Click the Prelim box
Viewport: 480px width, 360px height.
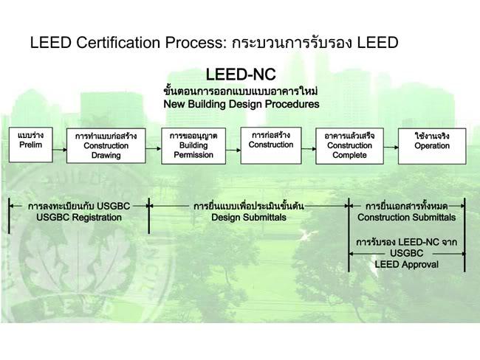pos(30,145)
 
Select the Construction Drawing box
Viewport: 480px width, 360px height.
pos(106,145)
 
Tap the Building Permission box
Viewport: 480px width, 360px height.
pos(193,146)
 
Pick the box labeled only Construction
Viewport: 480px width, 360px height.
pos(271,145)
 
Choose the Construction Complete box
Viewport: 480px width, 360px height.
pos(349,146)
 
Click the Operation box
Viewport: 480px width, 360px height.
pos(432,146)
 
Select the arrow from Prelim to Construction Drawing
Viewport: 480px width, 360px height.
pos(60,150)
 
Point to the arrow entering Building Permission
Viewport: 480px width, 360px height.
pos(154,149)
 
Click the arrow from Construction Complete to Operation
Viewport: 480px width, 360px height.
pos(391,148)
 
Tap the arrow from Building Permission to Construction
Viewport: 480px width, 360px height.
pos(233,150)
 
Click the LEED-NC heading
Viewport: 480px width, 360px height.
pos(241,75)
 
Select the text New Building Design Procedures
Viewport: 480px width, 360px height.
pos(241,104)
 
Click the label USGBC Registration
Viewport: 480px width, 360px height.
pos(79,218)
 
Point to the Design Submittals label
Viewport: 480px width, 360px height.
pos(249,218)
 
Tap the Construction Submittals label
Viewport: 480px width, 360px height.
pos(407,218)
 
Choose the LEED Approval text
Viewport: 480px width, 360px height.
pos(407,265)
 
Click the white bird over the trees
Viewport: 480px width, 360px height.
pos(307,235)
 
